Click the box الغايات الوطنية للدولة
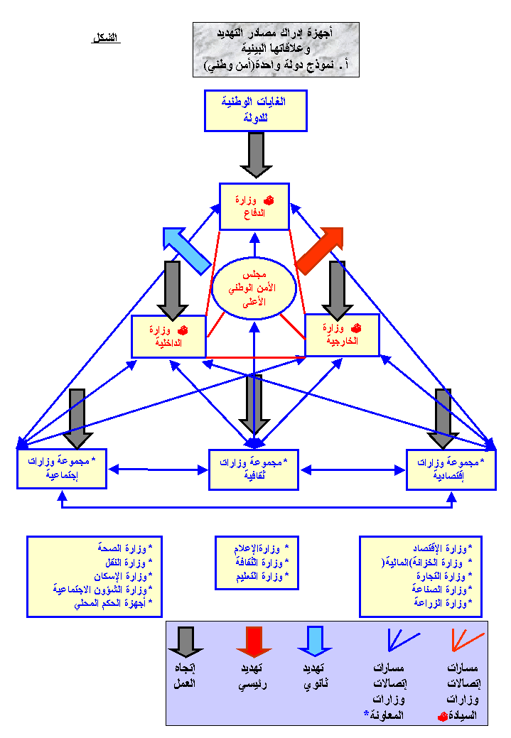point(255,110)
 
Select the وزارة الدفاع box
point(254,206)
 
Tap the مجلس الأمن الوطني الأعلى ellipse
point(253,288)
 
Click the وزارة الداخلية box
point(168,336)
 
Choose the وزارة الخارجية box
point(342,335)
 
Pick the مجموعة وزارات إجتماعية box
point(62,468)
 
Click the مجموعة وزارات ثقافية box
point(254,469)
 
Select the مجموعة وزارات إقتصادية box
point(451,470)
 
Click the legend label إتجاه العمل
point(185,675)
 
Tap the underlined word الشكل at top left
point(106,38)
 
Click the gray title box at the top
point(276,49)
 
